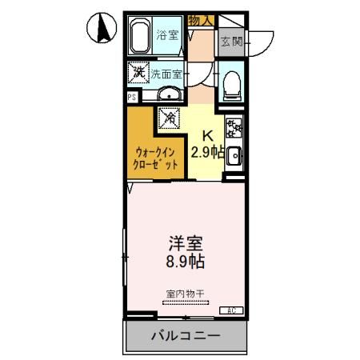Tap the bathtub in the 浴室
tap(142, 37)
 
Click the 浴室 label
tap(167, 35)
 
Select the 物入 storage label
tap(201, 20)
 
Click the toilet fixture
tap(231, 83)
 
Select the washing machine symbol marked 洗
tap(139, 72)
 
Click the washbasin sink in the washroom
tap(169, 97)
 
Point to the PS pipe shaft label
tap(131, 97)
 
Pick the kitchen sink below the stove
tap(233, 156)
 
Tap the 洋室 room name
tap(185, 241)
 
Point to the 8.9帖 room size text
tap(185, 261)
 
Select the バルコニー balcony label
tap(185, 336)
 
